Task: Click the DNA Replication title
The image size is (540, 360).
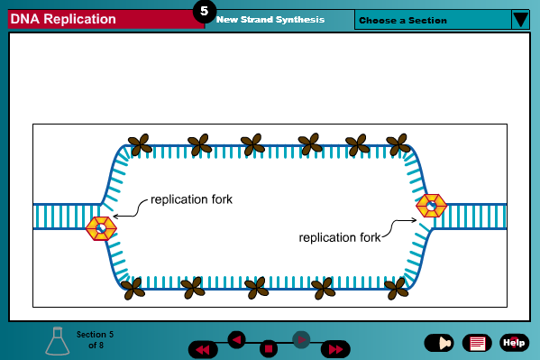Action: (63, 19)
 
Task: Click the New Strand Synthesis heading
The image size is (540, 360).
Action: (270, 19)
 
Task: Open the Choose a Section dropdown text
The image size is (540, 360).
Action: (403, 20)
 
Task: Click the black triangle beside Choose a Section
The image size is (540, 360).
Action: (520, 19)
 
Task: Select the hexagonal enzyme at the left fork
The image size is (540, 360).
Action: (100, 228)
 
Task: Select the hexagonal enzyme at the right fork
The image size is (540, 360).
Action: (431, 206)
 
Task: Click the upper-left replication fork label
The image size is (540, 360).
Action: (191, 199)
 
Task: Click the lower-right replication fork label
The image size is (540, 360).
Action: (339, 237)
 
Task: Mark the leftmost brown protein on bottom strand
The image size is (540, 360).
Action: (133, 288)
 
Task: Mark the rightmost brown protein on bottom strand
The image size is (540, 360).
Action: (395, 288)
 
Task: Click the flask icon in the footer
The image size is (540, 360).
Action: (58, 340)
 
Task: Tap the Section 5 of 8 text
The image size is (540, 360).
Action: (95, 339)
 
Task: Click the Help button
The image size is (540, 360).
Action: (514, 342)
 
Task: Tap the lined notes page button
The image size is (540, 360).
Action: (476, 343)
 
